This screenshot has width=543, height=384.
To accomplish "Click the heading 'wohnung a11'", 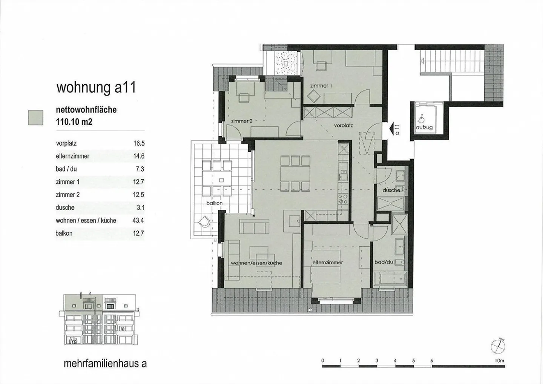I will click(x=96, y=88).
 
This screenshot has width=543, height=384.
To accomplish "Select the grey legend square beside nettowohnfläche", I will click(x=36, y=117).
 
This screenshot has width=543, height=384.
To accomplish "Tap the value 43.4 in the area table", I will click(x=138, y=220).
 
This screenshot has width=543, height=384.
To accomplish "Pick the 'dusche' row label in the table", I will click(x=65, y=207).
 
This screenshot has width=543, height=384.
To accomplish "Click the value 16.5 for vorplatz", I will click(x=139, y=143).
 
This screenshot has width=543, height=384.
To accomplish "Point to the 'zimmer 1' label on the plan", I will click(x=321, y=86).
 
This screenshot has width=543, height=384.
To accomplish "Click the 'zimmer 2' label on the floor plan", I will click(x=242, y=121).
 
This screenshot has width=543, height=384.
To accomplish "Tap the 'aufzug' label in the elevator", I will click(x=424, y=127).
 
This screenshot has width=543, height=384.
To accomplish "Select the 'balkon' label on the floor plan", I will click(x=214, y=203).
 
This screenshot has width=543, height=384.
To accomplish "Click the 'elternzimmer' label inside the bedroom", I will click(x=328, y=262).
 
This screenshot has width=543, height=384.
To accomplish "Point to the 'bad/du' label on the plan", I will click(x=383, y=262).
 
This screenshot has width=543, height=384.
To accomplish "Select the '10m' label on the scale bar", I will click(x=499, y=361).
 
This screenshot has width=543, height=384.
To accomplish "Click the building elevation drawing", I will click(x=99, y=319).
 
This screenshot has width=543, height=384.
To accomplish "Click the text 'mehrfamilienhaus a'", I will click(x=105, y=364).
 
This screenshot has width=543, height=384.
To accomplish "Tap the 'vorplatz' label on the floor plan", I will click(x=343, y=125).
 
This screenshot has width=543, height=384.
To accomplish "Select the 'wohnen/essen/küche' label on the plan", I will click(x=256, y=263).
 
